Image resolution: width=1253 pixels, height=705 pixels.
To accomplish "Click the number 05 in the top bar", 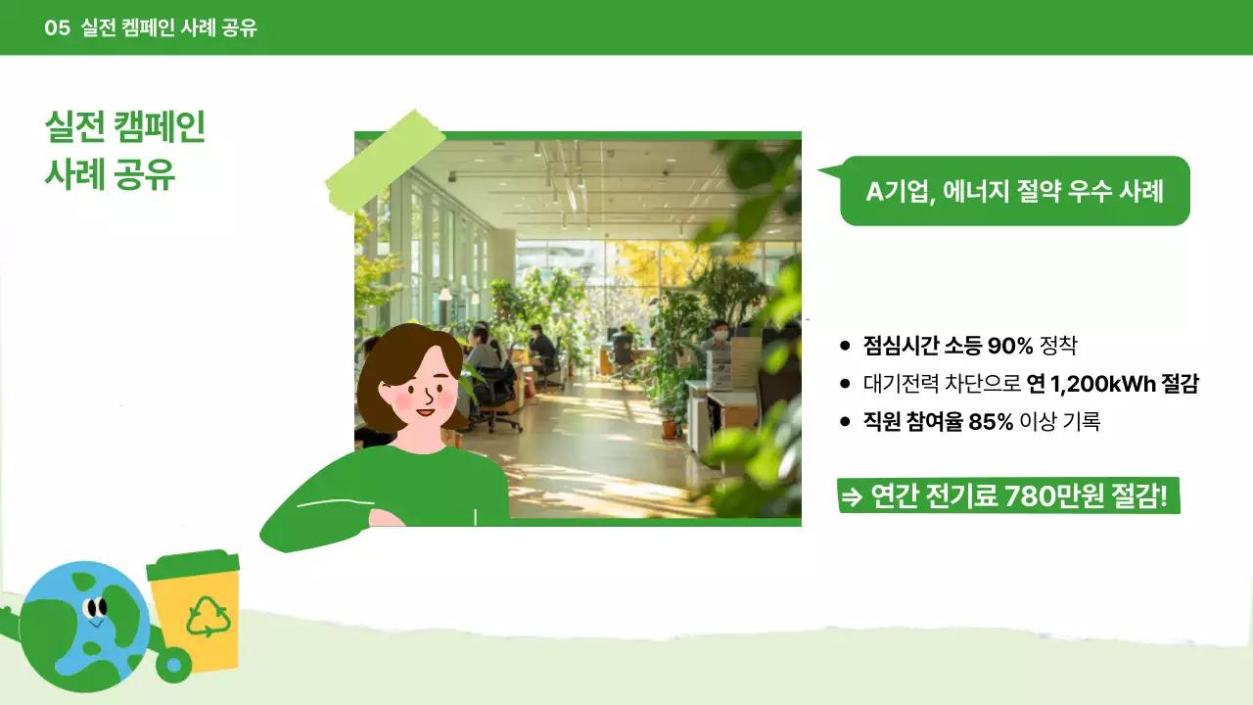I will pos(57,28).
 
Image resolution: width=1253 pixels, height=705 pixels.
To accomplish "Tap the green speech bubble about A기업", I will pos(1014,192).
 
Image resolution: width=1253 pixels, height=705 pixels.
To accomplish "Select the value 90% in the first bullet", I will pos(1010,346).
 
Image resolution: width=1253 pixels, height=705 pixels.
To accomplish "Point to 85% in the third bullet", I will pos(991,422).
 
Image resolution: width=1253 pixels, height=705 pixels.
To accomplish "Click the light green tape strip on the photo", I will pos(384,163).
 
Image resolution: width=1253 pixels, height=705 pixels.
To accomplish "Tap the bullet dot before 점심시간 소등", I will pos(845,346).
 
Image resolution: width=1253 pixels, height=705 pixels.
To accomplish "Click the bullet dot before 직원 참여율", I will pos(845,422).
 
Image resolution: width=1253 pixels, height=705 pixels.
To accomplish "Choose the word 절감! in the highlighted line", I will pos(1139,496).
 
